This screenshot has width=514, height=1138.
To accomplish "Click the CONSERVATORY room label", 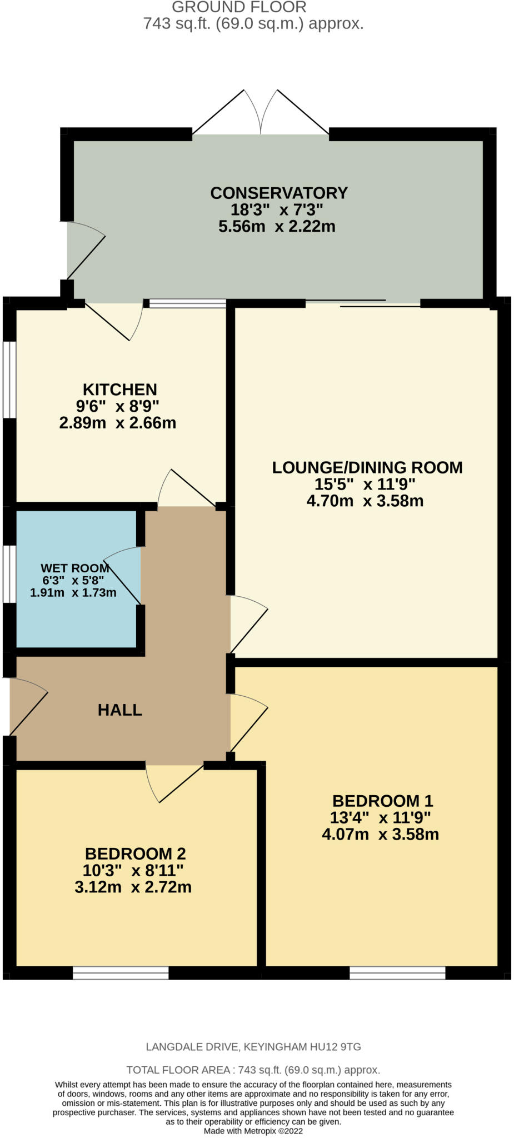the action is point(279,193).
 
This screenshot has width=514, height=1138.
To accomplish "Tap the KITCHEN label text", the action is point(120,389).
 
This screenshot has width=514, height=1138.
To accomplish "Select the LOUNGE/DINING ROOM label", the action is point(367,467).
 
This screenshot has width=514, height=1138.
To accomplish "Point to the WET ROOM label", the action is point(74,568).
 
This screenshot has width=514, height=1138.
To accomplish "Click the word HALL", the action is point(120,710).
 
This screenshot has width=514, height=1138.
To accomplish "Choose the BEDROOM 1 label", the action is point(382,801).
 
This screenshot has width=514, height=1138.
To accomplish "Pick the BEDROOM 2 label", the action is point(135,853).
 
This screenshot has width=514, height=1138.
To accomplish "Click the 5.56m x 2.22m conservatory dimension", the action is point(277,226).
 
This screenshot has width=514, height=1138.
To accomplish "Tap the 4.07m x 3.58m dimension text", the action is point(381,834).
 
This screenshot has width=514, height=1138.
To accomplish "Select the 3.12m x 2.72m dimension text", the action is point(133,887).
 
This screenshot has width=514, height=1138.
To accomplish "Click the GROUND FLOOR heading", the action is point(239,7).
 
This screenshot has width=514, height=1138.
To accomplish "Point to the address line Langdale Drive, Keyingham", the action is point(253,1047).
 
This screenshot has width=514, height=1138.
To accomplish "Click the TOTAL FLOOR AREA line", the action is point(253,1070).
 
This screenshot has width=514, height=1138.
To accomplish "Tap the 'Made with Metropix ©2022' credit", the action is point(253,1130).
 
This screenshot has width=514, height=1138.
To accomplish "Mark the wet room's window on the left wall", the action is point(9,574).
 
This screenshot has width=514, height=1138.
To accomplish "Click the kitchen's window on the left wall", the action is point(9,379).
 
